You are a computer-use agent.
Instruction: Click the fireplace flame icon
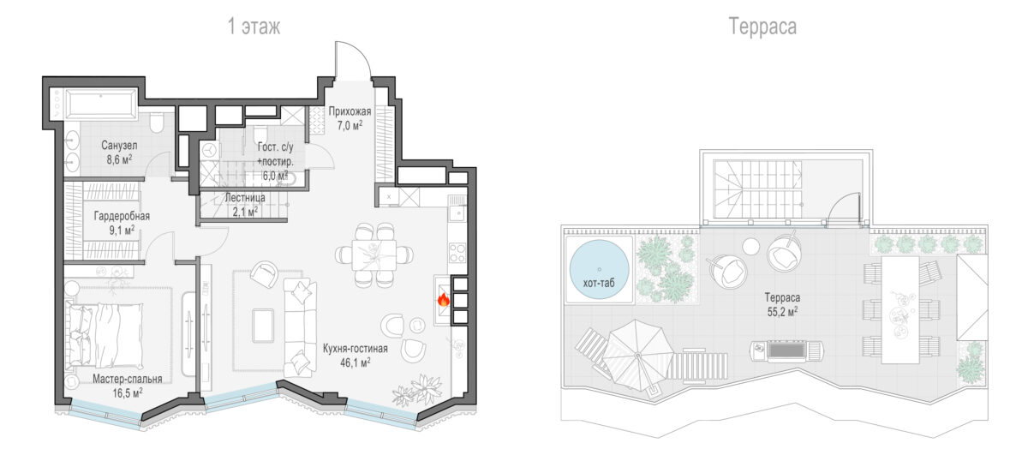coord(443,300)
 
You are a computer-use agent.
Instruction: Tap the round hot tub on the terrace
coord(599,270)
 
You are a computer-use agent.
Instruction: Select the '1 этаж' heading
coord(254,27)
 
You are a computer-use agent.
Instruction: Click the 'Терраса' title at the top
coord(762,27)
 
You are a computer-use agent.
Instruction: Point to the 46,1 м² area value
coord(356,362)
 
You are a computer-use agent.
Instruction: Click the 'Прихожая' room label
coord(350,111)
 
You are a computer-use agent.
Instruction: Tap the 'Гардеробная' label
coord(122,216)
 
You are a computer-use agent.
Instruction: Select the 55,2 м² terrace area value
coord(782,312)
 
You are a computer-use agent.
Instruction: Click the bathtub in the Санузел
coord(101,105)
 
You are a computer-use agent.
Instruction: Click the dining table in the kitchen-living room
coord(374,254)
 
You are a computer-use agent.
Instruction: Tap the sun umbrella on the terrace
coord(638,355)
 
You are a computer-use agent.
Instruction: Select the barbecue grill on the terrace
coord(786,351)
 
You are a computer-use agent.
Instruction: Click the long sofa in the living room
coord(300,327)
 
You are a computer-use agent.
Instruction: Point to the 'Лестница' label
coord(245,198)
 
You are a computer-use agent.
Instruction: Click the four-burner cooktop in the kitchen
coord(457,253)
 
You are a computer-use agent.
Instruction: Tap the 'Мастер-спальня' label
coord(128,379)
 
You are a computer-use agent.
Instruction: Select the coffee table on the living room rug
coord(263,325)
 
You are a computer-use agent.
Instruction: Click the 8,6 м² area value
coord(119,159)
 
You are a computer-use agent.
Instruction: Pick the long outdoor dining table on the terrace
coord(900,310)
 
